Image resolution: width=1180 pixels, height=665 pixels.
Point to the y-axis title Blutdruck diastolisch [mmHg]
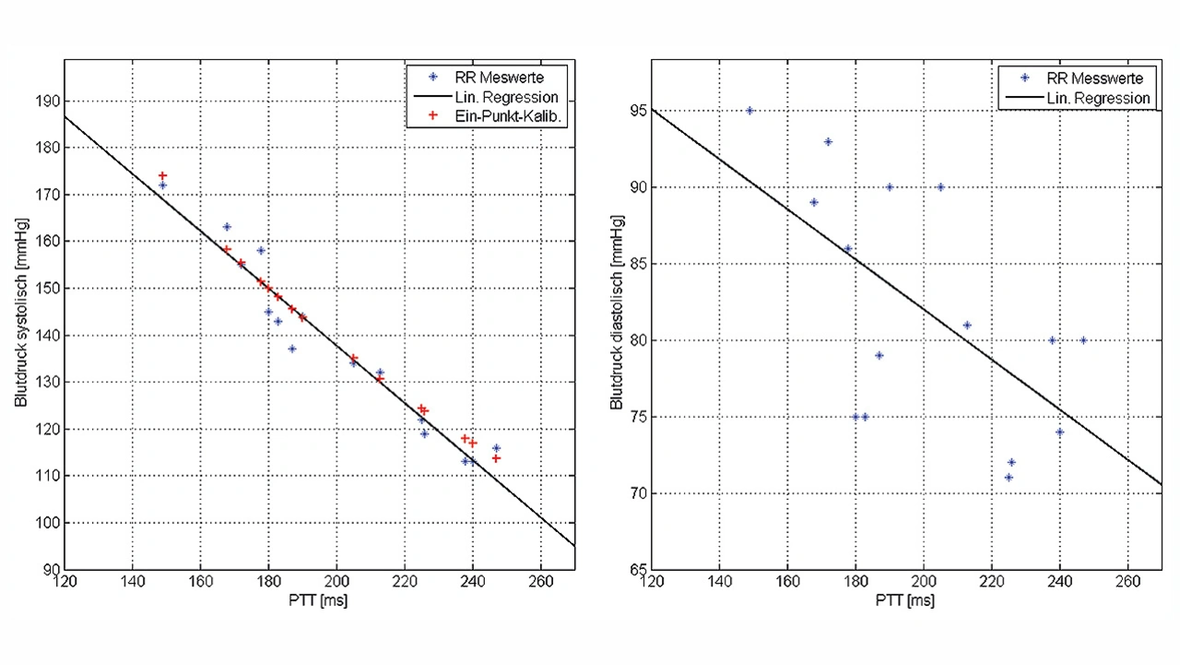[x=617, y=315]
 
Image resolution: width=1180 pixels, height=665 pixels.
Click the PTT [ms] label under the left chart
[x=319, y=600]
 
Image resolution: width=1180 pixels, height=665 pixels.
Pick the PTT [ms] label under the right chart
[x=906, y=600]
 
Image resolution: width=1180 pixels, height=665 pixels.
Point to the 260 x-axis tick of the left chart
[x=540, y=583]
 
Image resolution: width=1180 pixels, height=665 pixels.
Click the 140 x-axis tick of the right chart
[x=719, y=583]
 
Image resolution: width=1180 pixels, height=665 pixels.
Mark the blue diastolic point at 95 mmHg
[x=749, y=111]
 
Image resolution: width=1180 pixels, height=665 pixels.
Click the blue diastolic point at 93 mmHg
[x=828, y=142]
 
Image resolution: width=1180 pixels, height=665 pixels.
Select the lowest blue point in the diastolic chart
[x=1009, y=478]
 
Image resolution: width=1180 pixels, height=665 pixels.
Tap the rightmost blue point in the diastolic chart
[x=1083, y=340]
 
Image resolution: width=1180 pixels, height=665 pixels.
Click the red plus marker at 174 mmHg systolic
[x=162, y=175]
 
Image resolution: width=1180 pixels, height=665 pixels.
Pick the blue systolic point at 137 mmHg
[x=292, y=349]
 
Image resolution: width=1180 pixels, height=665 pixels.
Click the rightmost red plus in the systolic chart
[x=496, y=458]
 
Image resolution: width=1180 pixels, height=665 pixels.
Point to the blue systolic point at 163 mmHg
[x=227, y=227]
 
